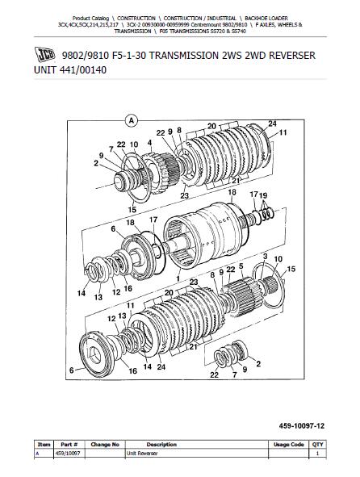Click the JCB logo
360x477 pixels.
[x=44, y=54]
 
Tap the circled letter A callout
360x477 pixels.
[x=132, y=121]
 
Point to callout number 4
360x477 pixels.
[x=149, y=143]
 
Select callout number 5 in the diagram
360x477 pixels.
[x=241, y=266]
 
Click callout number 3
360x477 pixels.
[x=265, y=256]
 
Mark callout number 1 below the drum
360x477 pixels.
[x=178, y=278]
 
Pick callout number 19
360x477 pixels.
[x=263, y=195]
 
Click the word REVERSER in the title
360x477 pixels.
[x=292, y=56]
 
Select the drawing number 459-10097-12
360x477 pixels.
[x=302, y=426]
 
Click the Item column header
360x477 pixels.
[x=44, y=445]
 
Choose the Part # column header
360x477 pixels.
[x=69, y=445]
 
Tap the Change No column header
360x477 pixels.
[x=105, y=445]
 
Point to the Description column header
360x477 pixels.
[x=161, y=445]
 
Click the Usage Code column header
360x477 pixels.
[x=288, y=445]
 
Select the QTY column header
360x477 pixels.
[x=317, y=445]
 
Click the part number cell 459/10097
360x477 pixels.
[x=68, y=454]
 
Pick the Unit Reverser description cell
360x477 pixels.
[x=142, y=454]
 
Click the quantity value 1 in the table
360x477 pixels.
[x=317, y=454]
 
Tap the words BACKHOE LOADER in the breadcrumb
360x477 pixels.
[x=266, y=19]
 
